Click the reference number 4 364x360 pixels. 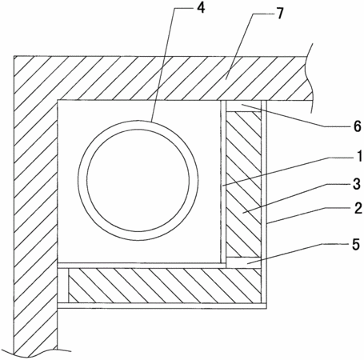point(201,8)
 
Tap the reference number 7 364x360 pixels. point(280,14)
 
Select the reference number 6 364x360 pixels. point(358,126)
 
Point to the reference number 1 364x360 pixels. point(359,156)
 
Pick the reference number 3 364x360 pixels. point(357,184)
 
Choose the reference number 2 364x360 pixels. point(358,208)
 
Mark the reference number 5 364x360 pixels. point(356,244)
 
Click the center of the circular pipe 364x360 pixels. point(138,180)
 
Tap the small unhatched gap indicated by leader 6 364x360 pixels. point(243,106)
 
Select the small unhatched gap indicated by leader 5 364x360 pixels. point(243,262)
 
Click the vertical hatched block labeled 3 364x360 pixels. point(243,184)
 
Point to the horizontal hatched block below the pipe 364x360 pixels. point(165,286)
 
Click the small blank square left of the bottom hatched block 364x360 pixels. point(63,286)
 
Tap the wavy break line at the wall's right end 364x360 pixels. point(310,78)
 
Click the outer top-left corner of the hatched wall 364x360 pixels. point(14,56)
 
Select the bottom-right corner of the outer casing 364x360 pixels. point(266,309)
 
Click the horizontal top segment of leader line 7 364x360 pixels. point(262,14)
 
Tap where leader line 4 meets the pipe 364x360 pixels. point(151,121)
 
